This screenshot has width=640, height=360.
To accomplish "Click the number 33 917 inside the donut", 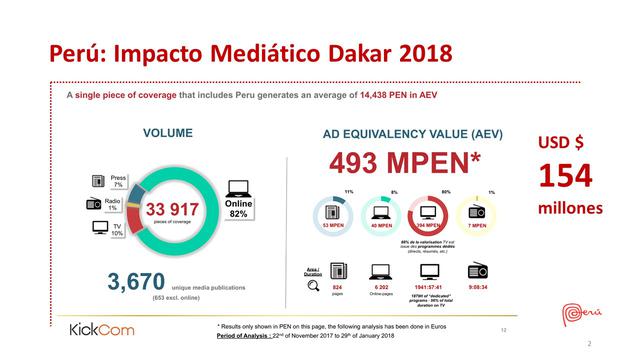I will pos(172,209).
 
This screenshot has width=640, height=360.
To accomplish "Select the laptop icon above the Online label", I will pos(239,187).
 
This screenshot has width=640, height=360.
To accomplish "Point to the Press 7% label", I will pos(118,181).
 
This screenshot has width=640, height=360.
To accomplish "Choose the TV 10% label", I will pos(117,229).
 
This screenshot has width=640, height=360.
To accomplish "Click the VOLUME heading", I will pos(167,133).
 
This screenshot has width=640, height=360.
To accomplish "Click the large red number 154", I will pos(566,177).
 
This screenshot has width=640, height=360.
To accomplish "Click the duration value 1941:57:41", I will pos(430,286).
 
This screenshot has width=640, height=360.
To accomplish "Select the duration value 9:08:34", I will pos(477,286).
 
